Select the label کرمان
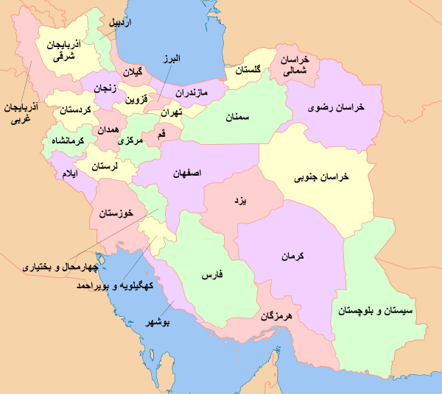click(x=292, y=257)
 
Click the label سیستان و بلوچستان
click(x=377, y=311)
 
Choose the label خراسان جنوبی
click(x=321, y=177)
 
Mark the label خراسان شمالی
click(x=295, y=65)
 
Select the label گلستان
click(x=253, y=71)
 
